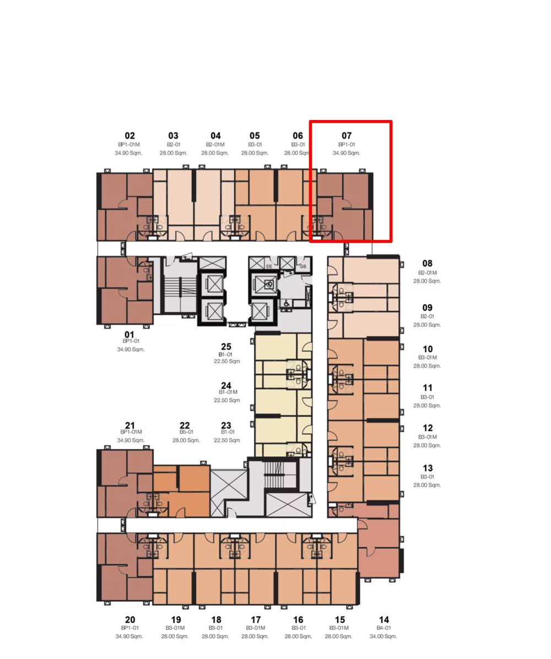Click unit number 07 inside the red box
coord(347,136)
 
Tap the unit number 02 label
coord(129,136)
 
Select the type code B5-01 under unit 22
coord(186,432)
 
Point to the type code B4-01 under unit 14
coord(383,628)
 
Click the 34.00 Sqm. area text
coord(383,636)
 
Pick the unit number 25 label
coord(226,347)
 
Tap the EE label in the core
coord(269,266)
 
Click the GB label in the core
coord(303,266)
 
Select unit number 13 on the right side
coord(428,468)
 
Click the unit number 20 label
coord(130,620)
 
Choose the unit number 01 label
coord(129,335)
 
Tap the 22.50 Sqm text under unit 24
coord(226,400)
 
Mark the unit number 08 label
coord(428,264)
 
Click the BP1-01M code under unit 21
coord(131,432)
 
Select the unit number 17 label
coord(255,620)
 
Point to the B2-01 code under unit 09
coord(428,317)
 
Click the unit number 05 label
coord(255,136)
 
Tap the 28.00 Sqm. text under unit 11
coord(427,406)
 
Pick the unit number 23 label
coord(226,426)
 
